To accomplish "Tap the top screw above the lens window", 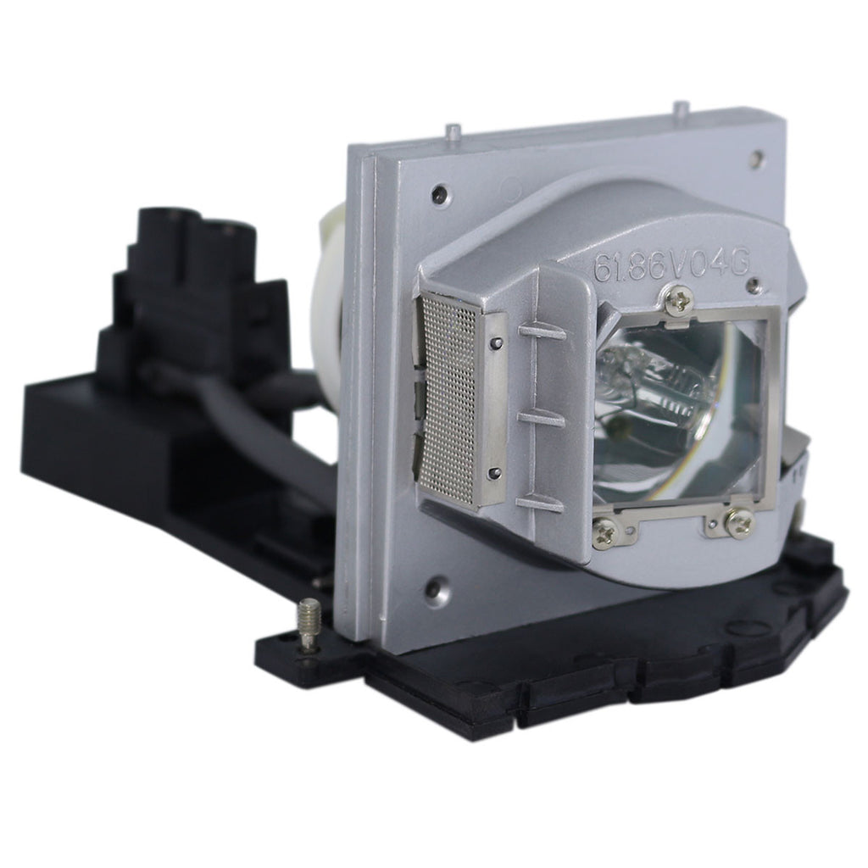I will click(x=678, y=300).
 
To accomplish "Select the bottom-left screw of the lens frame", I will click(x=605, y=531).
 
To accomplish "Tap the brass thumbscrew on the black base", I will click(x=309, y=624).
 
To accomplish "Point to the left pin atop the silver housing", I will click(x=454, y=133).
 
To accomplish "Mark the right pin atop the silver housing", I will click(x=680, y=110).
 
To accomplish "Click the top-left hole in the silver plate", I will click(x=438, y=195).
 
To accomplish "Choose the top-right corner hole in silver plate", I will click(x=756, y=159).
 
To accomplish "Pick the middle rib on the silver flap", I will click(x=540, y=417).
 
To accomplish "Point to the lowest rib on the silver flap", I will click(x=540, y=503).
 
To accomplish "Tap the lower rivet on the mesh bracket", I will click(x=494, y=473).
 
